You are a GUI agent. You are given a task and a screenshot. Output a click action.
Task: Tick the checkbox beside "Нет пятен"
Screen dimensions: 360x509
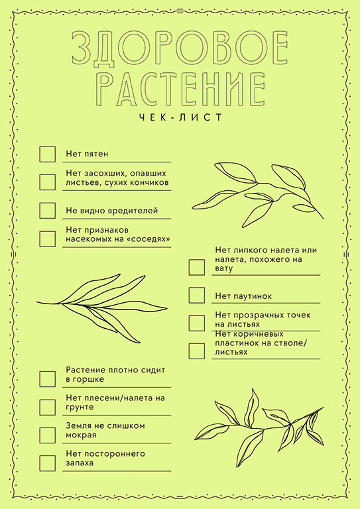coord(47,154)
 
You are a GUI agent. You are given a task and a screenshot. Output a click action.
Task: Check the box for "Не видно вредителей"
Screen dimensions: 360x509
coord(47,211)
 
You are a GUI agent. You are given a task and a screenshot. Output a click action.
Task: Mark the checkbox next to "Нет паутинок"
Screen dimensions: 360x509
coord(197,296)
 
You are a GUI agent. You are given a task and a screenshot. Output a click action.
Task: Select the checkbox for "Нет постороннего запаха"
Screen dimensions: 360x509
coord(47,463)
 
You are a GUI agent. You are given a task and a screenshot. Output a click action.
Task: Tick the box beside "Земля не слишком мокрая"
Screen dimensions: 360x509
coord(47,435)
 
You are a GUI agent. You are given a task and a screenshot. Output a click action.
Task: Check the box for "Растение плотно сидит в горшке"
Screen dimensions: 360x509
coord(47,379)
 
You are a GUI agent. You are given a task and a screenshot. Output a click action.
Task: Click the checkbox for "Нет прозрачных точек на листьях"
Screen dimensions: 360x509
coord(197,323)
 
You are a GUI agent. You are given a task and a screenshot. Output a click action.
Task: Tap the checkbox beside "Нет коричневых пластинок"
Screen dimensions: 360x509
coord(197,351)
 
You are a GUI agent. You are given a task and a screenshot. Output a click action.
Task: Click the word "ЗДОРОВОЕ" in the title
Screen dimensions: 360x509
coord(180,48)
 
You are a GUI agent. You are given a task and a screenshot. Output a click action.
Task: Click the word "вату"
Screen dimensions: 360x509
coord(224,269)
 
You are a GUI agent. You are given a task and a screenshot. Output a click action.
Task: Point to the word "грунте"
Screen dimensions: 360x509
coord(80,408)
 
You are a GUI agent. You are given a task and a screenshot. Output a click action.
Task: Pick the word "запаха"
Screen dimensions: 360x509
coord(80,463)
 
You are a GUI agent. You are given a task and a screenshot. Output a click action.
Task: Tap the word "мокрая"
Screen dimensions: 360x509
coord(81,435)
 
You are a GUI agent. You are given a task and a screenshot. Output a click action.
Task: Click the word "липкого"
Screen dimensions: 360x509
coord(249,251)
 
